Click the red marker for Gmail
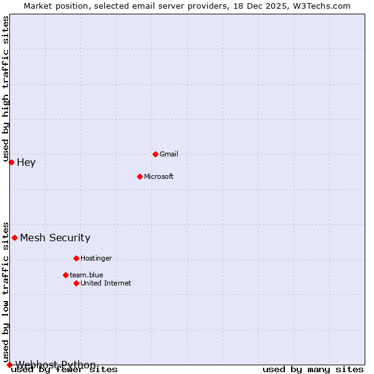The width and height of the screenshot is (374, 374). tap(155, 154)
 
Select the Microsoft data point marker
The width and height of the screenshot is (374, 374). tap(140, 176)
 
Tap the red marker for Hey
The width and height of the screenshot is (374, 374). tap(11, 163)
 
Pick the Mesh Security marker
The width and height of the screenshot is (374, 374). tap(14, 237)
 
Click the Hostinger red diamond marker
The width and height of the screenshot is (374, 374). tap(76, 258)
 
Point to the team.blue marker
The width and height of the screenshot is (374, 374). tap(65, 275)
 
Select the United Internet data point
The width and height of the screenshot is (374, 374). tap(76, 283)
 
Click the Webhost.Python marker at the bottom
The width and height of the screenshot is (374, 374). tap(9, 365)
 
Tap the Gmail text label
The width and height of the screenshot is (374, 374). tap(169, 154)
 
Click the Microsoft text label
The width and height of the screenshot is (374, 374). tap(158, 176)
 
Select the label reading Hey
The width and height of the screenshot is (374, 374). tap(26, 163)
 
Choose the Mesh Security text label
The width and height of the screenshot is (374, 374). tap(55, 237)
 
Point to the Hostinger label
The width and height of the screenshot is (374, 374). tap(96, 258)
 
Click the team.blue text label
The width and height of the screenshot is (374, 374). tap(86, 275)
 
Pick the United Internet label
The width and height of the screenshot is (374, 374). tap(105, 283)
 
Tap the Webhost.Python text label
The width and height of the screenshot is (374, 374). tap(55, 365)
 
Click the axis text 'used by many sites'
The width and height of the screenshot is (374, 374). tap(313, 370)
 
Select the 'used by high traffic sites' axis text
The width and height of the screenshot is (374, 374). tap(6, 89)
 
